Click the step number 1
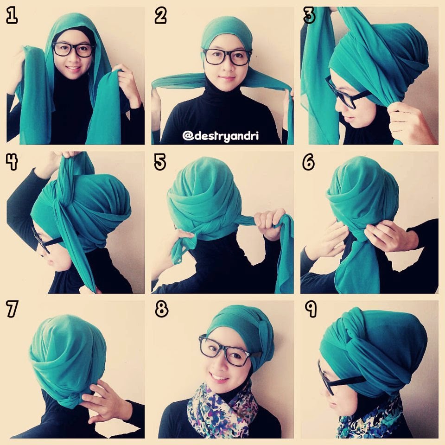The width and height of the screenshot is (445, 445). click(12, 16)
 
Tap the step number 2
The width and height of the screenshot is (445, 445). click(160, 16)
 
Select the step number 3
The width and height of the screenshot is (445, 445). click(309, 16)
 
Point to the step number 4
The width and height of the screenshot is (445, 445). click(12, 162)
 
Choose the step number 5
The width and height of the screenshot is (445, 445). click(160, 162)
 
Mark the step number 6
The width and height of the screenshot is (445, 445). click(309, 162)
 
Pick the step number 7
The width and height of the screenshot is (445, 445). click(12, 309)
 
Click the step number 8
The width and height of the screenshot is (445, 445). click(162, 309)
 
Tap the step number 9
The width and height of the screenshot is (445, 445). click(311, 309)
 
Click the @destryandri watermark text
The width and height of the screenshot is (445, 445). click(221, 136)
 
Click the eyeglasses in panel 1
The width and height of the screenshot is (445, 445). click(74, 50)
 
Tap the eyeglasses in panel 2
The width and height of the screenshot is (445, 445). click(227, 57)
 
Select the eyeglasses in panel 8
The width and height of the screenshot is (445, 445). click(227, 351)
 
